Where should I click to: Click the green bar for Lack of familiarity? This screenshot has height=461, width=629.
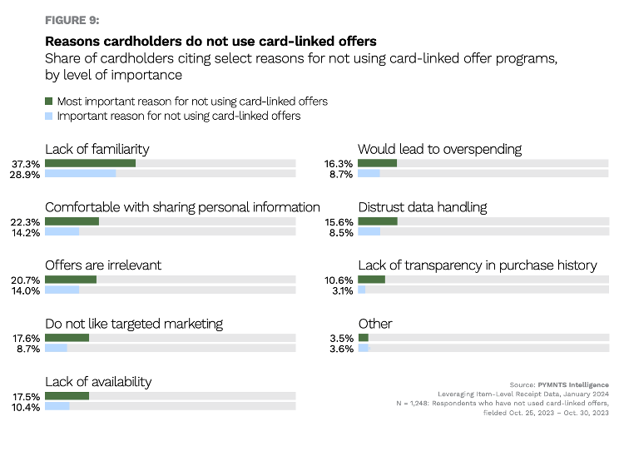[x=90, y=164]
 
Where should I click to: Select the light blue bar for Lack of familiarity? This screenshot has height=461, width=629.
[x=80, y=174]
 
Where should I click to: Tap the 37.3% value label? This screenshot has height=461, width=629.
[x=25, y=164]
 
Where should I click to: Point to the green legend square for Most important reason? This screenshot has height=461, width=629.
[x=48, y=102]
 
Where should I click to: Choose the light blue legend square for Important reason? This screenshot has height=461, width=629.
[x=48, y=116]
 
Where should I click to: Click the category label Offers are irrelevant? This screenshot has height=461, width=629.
[x=103, y=265]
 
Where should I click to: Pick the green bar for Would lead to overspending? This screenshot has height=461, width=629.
[x=378, y=164]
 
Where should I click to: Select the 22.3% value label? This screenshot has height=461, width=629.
[x=25, y=222]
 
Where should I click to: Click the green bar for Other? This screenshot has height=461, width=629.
[x=364, y=338]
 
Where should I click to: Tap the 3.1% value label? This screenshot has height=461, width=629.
[x=340, y=290]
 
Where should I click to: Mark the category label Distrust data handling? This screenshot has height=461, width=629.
[x=422, y=206]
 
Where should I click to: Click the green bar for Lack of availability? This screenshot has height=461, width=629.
[x=67, y=396]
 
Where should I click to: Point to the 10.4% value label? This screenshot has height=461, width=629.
[x=25, y=407]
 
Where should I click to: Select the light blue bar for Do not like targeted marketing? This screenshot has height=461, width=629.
[x=56, y=349]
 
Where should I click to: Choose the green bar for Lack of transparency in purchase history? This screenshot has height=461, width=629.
[x=372, y=280]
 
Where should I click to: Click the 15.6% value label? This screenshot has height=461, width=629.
[x=340, y=222]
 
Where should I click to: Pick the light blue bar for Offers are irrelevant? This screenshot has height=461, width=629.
[x=62, y=290]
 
